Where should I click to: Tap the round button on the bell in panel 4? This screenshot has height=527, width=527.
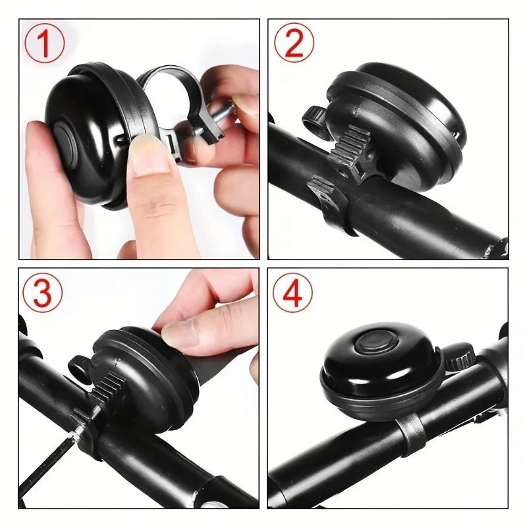click(x=371, y=343)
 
